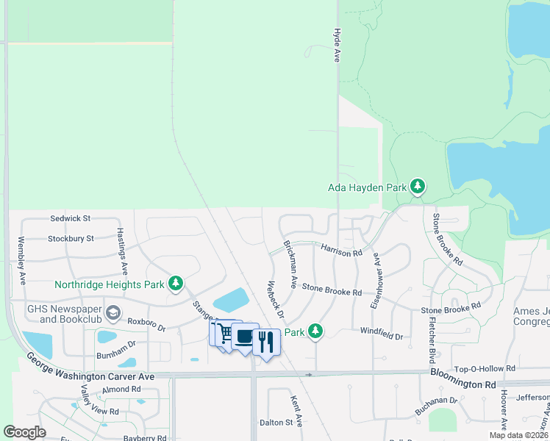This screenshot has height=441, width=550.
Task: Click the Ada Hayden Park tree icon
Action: click(x=418, y=187)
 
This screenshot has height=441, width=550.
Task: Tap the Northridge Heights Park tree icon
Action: click(x=176, y=283)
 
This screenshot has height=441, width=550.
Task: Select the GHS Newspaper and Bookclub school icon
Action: click(x=113, y=314)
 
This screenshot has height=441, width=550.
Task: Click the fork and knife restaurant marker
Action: click(x=266, y=342)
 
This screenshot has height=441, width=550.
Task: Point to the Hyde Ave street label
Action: click(x=337, y=45)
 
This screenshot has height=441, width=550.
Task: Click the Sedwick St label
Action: click(x=70, y=218)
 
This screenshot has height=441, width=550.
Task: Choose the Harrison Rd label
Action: click(x=341, y=251)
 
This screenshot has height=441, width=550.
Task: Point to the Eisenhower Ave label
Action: click(x=375, y=280)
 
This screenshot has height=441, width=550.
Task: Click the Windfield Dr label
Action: click(x=382, y=336)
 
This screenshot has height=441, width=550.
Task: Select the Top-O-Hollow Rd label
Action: click(x=486, y=368)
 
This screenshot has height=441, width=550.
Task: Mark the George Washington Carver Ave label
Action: click(x=90, y=365)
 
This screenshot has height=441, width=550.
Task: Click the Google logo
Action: click(x=24, y=432)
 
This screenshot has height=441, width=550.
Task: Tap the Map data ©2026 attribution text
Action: click(x=518, y=435)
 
